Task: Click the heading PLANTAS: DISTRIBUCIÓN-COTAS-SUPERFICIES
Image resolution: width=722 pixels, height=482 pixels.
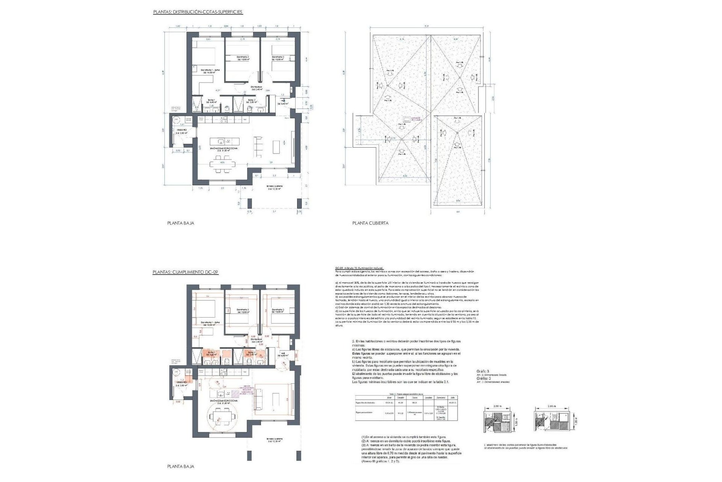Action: click(198, 12)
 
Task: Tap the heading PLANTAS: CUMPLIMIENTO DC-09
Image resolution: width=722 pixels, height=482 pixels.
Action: click(186, 272)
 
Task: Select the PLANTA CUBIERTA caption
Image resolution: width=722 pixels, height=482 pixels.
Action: click(370, 223)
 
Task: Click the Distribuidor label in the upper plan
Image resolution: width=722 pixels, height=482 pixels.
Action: click(256, 88)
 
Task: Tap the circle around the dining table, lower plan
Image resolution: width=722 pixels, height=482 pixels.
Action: click(222, 417)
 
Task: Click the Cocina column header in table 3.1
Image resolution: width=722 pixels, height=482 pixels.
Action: click(414, 397)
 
